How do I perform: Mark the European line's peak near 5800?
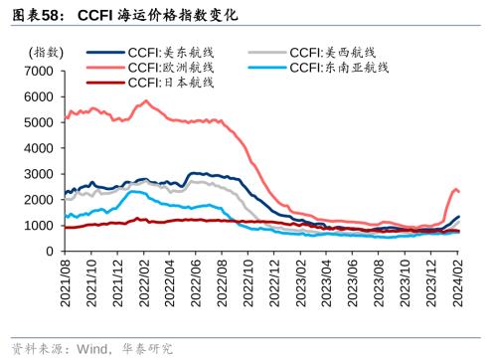(x=146, y=100)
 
